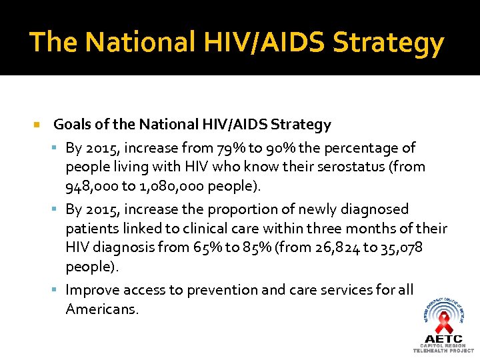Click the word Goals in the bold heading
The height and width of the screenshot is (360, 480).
73,124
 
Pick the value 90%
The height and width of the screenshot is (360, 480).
281,148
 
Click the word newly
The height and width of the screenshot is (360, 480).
315,209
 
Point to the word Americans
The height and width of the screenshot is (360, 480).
102,309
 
